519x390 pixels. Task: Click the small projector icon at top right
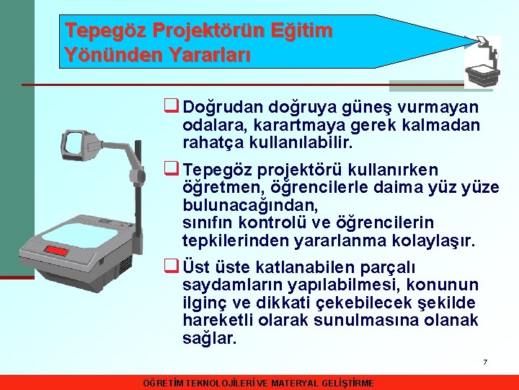coord(482,62)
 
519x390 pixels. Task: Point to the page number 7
coord(485,362)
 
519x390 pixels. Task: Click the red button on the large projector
coord(57,251)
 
